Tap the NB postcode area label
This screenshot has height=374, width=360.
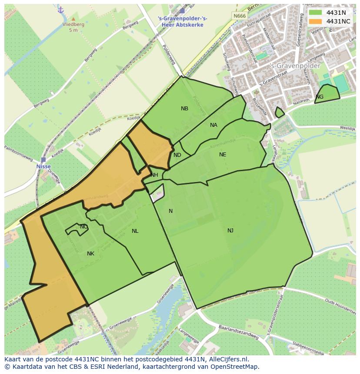[185, 109]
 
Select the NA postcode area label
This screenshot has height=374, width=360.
[213, 125]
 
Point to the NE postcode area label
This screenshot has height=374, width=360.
[223, 154]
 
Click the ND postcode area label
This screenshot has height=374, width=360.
[177, 155]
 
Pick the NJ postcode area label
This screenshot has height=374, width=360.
[230, 230]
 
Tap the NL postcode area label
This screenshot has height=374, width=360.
[135, 231]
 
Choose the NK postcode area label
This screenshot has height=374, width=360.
[90, 254]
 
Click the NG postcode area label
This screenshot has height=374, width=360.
[320, 96]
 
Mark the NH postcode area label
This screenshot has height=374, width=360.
[154, 175]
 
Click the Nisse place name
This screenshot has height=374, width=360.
[43, 166]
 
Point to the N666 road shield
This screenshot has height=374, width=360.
[239, 16]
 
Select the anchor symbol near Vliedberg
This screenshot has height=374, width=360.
[61, 10]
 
